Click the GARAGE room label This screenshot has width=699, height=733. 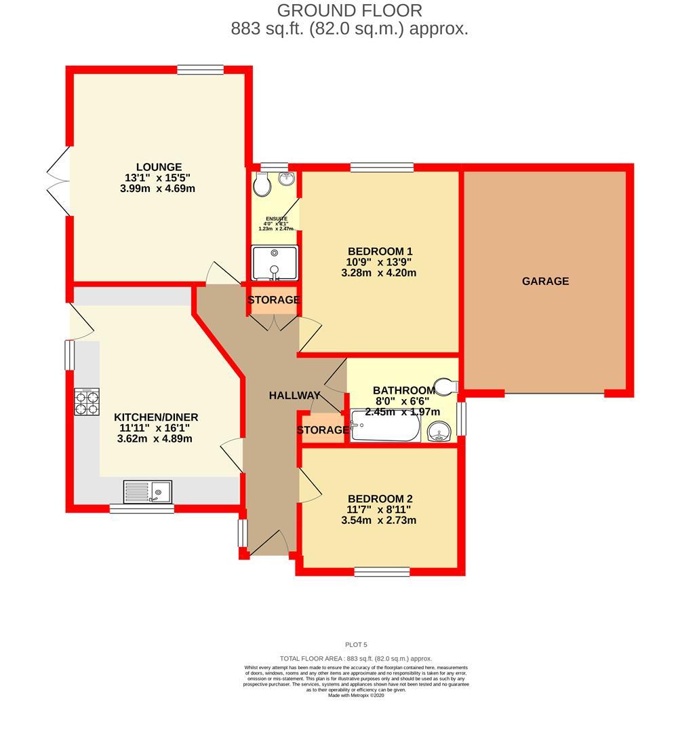tap(545, 281)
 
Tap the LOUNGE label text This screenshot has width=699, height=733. tap(159, 167)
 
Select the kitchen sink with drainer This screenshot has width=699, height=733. tap(148, 490)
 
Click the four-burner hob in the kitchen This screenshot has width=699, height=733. tap(87, 401)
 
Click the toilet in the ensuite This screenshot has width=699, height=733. tap(261, 183)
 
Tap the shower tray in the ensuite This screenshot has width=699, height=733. tap(274, 263)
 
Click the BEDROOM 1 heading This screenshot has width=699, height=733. tap(380, 251)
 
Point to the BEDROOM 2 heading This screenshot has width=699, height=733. tap(379, 497)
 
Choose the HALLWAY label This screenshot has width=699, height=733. tap(294, 396)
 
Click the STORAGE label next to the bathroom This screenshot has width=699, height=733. tap(323, 430)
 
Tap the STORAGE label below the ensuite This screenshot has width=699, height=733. tap(273, 300)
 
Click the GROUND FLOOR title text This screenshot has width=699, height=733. tap(349, 11)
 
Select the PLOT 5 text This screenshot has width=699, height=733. tap(356, 645)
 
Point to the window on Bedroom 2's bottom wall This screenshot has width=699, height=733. tap(382, 571)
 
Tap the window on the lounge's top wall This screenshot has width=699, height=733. tap(200, 69)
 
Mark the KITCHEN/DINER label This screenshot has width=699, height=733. tap(155, 417)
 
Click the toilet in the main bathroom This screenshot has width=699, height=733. tap(446, 386)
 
